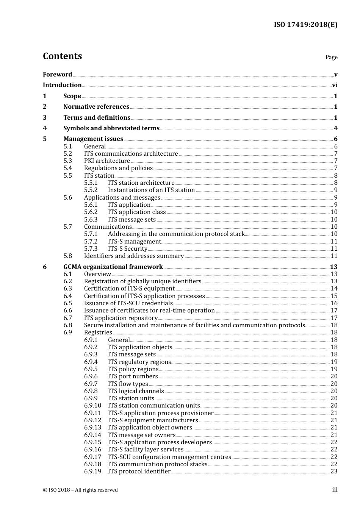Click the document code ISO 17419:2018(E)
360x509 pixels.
coord(305,25)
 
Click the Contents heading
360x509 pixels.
coord(62,56)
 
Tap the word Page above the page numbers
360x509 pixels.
coord(331,57)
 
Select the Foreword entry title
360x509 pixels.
coord(57,75)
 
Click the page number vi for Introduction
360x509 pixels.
coord(335,85)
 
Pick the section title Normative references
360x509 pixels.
coord(96,107)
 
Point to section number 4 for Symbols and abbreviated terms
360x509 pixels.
coord(45,128)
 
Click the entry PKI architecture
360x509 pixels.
coord(107,161)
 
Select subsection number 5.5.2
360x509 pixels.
coord(91,190)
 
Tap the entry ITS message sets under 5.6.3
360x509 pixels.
coord(131,220)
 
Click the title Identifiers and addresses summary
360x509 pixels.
coord(134,256)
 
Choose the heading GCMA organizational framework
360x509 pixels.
coord(113,267)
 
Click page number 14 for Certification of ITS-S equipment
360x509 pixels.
coord(334,289)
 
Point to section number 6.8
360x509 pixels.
coord(67,325)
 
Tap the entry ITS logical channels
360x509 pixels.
coord(136,391)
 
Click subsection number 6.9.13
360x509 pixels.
coord(92,428)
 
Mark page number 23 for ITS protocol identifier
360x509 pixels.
coord(334,472)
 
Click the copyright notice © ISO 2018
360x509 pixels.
coord(80,490)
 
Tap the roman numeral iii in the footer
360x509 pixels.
coord(335,490)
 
